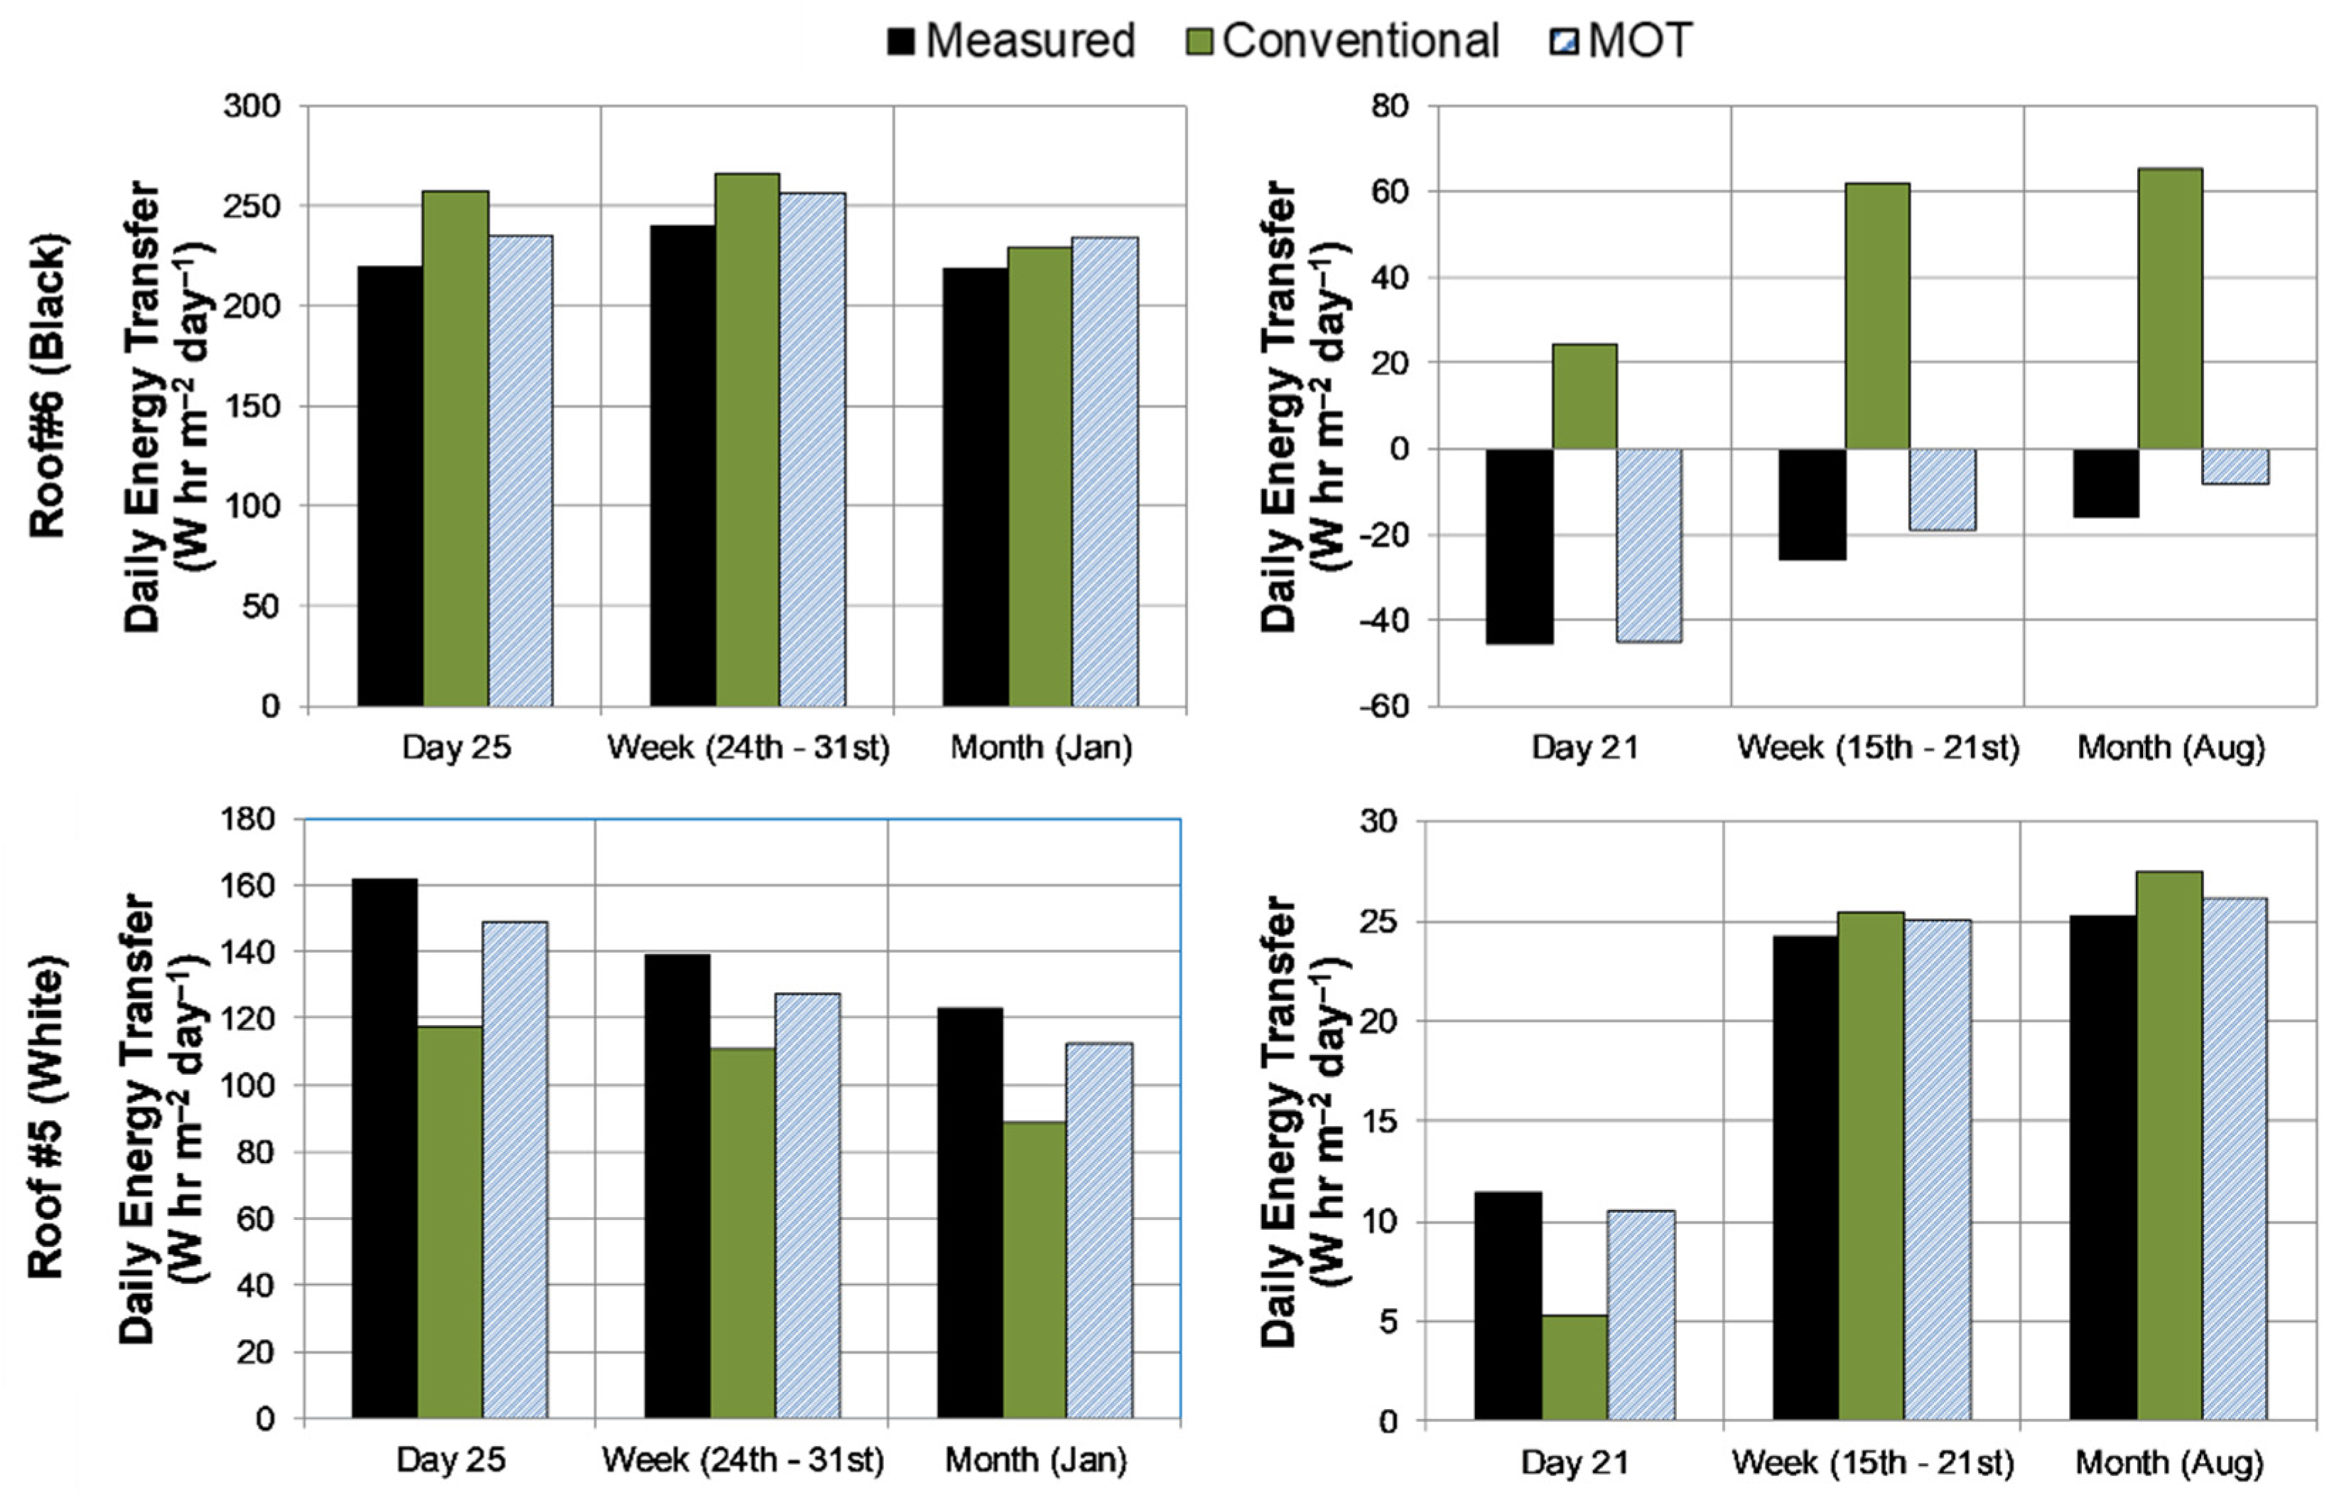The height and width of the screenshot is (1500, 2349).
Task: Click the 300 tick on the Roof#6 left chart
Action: click(252, 105)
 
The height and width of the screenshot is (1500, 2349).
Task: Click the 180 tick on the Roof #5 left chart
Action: click(249, 818)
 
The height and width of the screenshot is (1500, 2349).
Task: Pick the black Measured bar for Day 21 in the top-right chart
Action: click(1519, 547)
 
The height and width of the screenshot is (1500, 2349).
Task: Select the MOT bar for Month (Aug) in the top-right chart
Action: click(2235, 466)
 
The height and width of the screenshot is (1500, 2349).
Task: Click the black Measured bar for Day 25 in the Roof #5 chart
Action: click(384, 1149)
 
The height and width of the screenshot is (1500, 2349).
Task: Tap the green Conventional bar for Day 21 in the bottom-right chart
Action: click(1575, 1367)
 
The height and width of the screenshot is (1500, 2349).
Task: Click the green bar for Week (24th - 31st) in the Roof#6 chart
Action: click(747, 440)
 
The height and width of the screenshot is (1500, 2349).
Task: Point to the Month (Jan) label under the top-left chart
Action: click(1041, 749)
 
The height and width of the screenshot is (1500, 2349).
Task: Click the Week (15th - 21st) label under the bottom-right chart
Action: click(1872, 1462)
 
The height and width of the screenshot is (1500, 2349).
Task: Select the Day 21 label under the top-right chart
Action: click(1584, 749)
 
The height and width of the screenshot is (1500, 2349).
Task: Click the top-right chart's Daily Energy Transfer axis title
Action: click(1303, 406)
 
